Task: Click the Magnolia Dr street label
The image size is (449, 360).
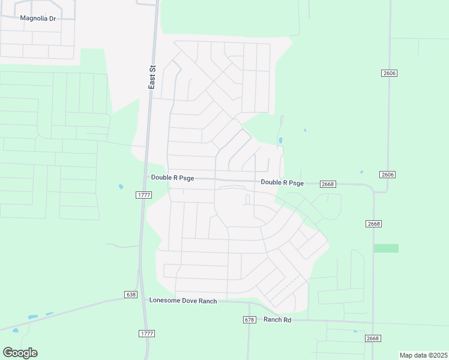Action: coord(38,18)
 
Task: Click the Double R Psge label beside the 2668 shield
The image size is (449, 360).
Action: coord(282,182)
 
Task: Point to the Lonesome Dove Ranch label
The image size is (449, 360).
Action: coord(183,301)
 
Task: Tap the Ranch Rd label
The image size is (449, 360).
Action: coord(277,320)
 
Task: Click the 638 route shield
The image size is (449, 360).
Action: coord(131,295)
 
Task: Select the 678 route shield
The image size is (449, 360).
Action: coord(250,320)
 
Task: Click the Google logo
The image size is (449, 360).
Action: coord(20,353)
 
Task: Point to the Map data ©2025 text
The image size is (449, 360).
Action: coord(423,355)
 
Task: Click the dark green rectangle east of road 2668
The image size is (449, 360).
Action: coord(386,248)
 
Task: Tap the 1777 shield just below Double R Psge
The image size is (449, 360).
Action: coord(144,195)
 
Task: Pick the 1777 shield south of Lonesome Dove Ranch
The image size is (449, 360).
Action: coord(146,333)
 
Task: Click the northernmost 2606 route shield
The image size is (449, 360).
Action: coord(389,73)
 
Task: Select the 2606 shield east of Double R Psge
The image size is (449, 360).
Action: coord(388,175)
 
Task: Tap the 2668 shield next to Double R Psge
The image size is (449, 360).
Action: coord(328,184)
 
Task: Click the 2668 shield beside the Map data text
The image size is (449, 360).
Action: coord(373,338)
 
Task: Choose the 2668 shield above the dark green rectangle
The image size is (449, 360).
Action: coord(374,224)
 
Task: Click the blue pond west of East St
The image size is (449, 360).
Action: coord(121,187)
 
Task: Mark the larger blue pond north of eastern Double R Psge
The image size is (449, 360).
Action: coord(280,142)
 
